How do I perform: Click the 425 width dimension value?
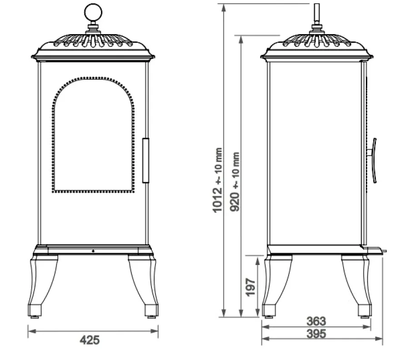pyautogui.click(x=90, y=340)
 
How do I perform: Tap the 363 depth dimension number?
pyautogui.click(x=316, y=321)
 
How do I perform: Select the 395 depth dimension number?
pyautogui.click(x=316, y=334)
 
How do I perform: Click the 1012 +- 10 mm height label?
pyautogui.click(x=217, y=180)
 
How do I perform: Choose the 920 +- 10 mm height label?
pyautogui.click(x=235, y=182)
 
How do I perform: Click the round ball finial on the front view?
pyautogui.click(x=93, y=12)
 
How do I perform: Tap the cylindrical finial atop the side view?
pyautogui.click(x=316, y=13)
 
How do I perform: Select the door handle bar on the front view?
pyautogui.click(x=145, y=160)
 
